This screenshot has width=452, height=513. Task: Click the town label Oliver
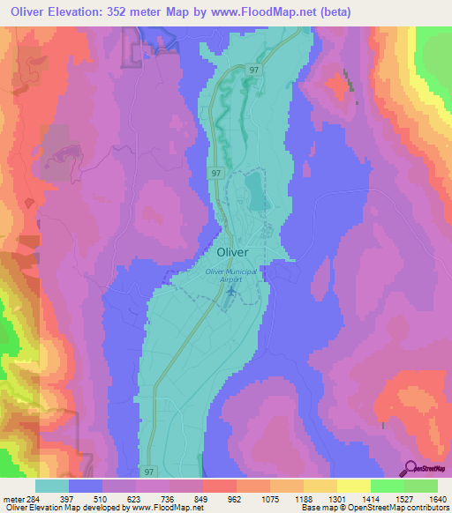point(232,251)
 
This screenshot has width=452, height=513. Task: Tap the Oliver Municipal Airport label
point(231,275)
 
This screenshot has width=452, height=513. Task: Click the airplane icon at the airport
point(231,290)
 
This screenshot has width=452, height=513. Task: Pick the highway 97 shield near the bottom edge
point(147,472)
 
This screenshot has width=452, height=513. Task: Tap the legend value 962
point(236,498)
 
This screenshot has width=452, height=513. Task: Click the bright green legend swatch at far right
point(421,486)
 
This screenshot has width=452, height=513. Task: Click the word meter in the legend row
point(13,498)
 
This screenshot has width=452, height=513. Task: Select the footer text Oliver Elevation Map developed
point(62,508)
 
